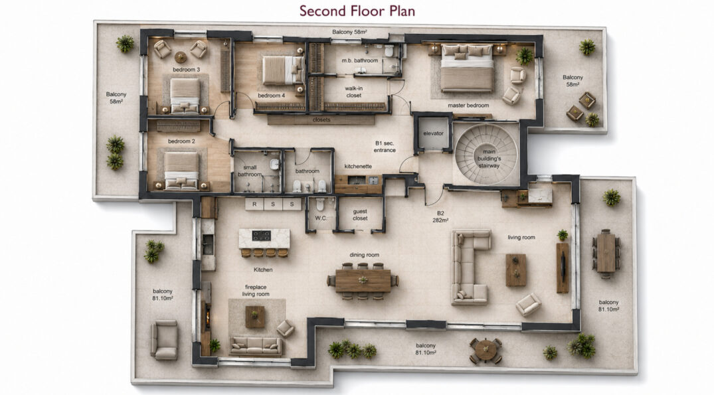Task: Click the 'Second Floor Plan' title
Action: coord(357,11)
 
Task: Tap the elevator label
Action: coord(433,133)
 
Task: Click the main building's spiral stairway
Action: coord(486,154)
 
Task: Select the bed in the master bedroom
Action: coord(467,68)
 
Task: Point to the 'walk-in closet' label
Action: coord(353,92)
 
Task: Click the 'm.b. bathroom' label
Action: coord(360,60)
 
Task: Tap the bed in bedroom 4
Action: coord(283,70)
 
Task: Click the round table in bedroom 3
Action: coord(180,57)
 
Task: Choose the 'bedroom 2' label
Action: coord(181,141)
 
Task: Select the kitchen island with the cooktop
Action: coord(264,238)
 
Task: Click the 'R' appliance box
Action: coord(254,204)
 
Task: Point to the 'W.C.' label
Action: coord(321,218)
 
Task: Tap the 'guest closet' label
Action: coord(360,215)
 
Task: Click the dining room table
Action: coord(363,280)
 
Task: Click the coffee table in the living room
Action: coord(516,270)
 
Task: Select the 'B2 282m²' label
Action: coord(440,216)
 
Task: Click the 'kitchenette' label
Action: coord(358,167)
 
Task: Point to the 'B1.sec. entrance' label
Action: coord(385,147)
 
